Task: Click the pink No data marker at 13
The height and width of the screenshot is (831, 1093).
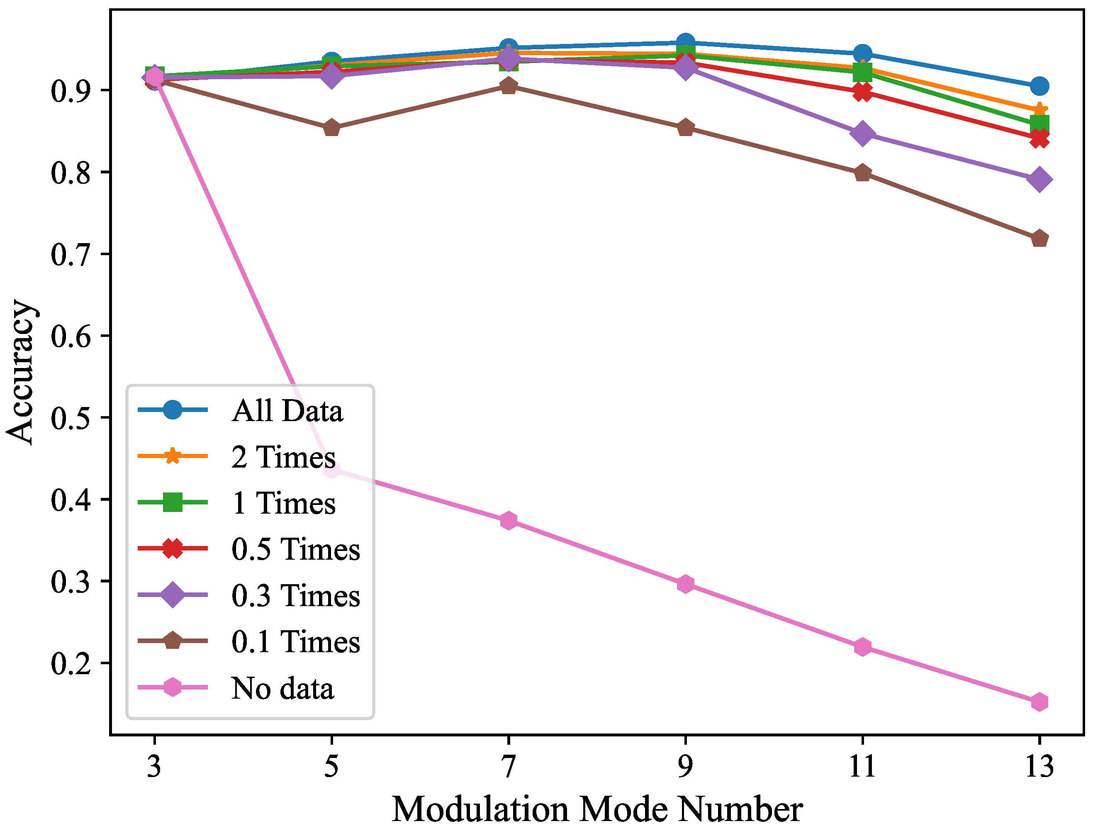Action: [1039, 702]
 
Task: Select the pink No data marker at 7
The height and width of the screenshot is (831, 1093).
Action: [509, 520]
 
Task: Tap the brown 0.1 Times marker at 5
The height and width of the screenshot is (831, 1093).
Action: [331, 129]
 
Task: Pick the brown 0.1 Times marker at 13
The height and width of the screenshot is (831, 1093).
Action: [1039, 239]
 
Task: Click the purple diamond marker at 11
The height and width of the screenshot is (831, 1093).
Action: [862, 134]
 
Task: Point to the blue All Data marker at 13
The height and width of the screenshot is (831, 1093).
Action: [1039, 86]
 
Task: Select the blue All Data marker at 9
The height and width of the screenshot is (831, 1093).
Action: [685, 43]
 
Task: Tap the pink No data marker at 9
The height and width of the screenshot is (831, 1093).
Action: [685, 584]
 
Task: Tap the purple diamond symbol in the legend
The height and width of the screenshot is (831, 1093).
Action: [172, 595]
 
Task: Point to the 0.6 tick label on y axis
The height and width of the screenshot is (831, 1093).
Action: [71, 337]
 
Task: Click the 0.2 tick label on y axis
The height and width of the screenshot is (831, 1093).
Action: [71, 664]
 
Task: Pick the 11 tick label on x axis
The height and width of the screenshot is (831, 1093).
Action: [862, 767]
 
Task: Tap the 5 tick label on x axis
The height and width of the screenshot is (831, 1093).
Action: [331, 767]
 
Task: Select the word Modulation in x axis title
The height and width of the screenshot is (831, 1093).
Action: [480, 810]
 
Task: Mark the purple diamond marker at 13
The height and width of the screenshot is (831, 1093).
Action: [1039, 179]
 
